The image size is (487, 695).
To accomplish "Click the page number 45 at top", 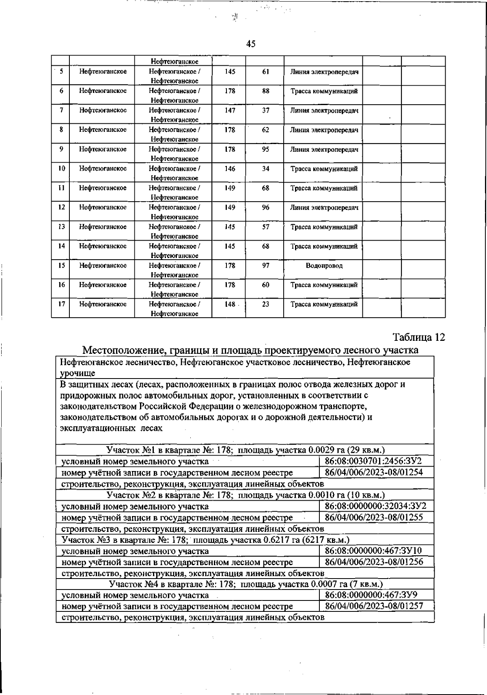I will point(251,44).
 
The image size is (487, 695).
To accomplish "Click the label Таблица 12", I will point(418,337).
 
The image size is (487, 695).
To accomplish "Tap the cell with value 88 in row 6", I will point(265,91).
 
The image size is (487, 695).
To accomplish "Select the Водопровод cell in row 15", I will point(324,266).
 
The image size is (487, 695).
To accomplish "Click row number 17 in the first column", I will point(61,304).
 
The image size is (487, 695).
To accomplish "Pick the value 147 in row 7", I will point(230,110).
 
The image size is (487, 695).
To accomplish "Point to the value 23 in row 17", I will point(265,304).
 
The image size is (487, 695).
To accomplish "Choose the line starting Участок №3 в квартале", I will point(205,540).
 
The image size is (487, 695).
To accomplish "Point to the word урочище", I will point(78,373).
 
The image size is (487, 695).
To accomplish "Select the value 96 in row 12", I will point(265,207).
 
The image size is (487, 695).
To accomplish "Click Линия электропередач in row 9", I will point(324,149).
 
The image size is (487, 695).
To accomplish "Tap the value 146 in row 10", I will point(230,168).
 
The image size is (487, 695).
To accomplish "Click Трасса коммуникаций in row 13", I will point(324,227).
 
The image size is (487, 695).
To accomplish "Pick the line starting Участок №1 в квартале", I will point(246,450).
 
